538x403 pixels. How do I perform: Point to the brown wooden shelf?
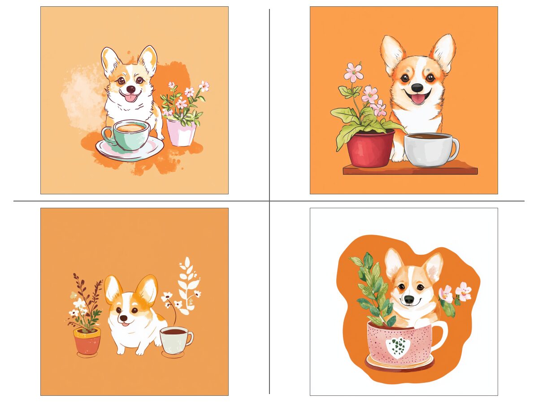(x=410, y=171)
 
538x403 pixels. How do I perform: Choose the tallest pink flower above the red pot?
(x=354, y=72)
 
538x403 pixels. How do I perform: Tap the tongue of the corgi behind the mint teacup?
(x=130, y=98)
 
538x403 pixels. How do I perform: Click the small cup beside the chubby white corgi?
(x=175, y=340)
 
